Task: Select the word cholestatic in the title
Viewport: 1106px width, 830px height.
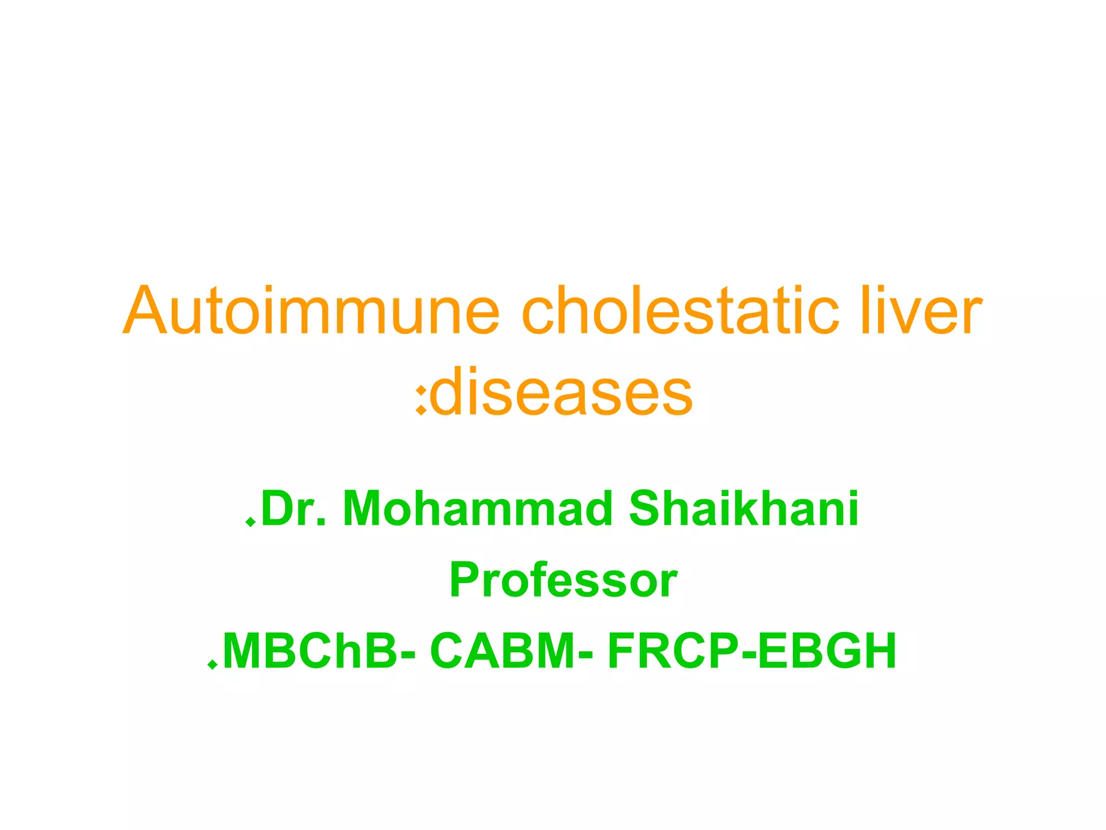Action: [680, 311]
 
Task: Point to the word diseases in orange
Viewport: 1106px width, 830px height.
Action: [562, 392]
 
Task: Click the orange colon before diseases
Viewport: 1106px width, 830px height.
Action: [421, 400]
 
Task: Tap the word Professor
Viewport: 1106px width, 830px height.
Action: [563, 580]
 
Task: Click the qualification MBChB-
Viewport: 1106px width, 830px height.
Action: [319, 651]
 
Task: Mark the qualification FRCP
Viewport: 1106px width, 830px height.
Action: [673, 651]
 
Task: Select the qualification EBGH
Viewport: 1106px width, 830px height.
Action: [827, 651]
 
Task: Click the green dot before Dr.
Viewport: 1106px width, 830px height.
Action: [250, 521]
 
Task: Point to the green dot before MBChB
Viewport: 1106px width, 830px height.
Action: [212, 665]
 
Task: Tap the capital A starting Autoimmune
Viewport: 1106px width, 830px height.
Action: [144, 311]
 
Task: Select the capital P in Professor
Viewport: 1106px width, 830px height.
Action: [466, 580]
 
